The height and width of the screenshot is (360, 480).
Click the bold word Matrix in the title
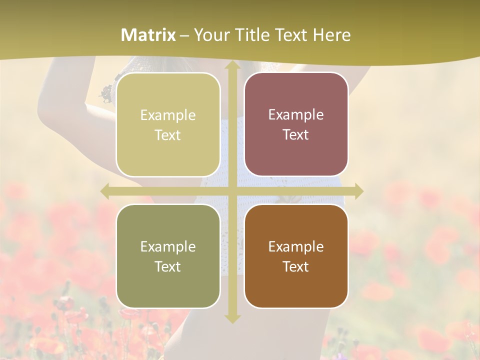pyautogui.click(x=148, y=35)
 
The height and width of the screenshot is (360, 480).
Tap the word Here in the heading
pyautogui.click(x=332, y=35)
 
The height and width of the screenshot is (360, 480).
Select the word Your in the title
pyautogui.click(x=211, y=35)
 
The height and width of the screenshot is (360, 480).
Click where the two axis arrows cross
pyautogui.click(x=232, y=191)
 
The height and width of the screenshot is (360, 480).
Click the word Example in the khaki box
pyautogui.click(x=168, y=115)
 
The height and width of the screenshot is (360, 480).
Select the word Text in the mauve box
pyautogui.click(x=296, y=135)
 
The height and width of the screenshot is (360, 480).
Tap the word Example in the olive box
pyautogui.click(x=168, y=246)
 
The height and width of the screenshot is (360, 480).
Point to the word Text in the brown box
pyautogui.click(x=296, y=266)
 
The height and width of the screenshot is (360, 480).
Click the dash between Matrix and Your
pyautogui.click(x=184, y=35)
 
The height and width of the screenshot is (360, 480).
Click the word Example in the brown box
pyautogui.click(x=296, y=246)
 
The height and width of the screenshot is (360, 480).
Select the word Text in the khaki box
pyautogui.click(x=168, y=135)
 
